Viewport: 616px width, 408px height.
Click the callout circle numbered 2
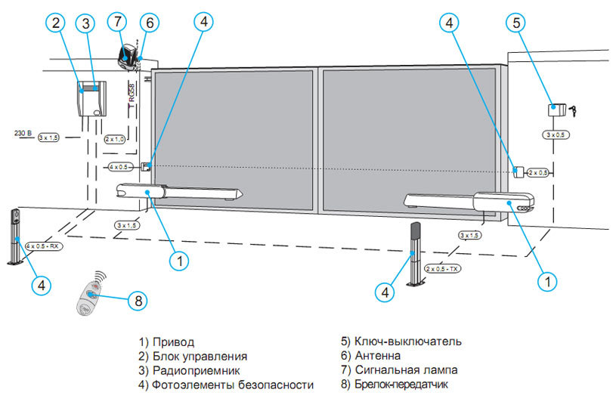[x=54, y=23]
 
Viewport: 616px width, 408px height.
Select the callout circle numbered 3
[x=86, y=23]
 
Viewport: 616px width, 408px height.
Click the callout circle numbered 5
[x=517, y=23]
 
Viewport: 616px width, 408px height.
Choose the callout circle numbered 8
[x=137, y=301]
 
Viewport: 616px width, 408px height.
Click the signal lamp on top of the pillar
[x=128, y=54]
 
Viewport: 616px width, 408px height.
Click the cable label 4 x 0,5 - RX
[x=43, y=246]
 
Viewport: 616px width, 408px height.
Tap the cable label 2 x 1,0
[x=114, y=139]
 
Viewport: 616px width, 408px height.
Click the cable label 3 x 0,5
[x=558, y=134]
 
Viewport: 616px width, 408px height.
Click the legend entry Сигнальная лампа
[x=399, y=370]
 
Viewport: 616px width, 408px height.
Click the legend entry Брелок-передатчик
[x=395, y=385]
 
